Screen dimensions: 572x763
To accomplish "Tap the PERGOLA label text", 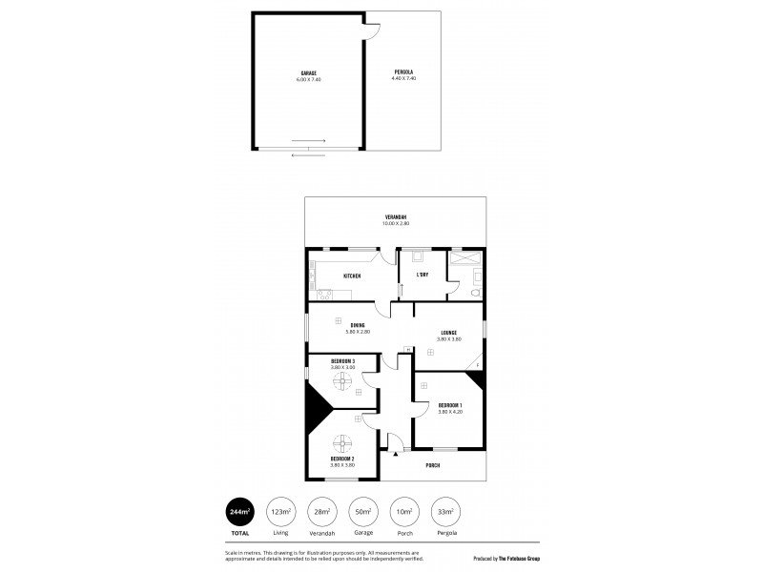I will [404, 72].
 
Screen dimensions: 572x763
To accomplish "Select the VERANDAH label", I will [394, 216].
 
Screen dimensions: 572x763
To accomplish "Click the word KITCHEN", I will [352, 276].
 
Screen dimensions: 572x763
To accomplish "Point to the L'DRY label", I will [422, 276].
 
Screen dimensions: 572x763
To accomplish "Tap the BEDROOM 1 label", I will [449, 405].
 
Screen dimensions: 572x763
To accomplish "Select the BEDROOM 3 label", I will [342, 361].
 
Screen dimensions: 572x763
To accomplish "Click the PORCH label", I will [445, 466].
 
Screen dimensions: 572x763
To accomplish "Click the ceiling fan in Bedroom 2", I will [342, 443].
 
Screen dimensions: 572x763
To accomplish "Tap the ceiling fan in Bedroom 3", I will [342, 382].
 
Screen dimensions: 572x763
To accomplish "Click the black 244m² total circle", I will [239, 512].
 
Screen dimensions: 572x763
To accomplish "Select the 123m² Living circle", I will [280, 512].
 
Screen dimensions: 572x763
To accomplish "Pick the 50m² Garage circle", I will [362, 512].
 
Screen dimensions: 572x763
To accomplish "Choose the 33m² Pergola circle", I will [444, 512].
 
